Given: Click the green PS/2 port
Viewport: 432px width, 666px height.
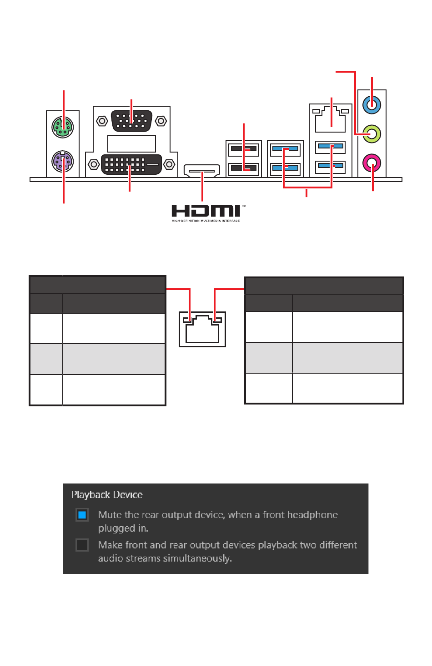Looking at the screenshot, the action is [x=63, y=127].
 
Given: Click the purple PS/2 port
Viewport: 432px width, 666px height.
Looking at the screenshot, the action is [x=63, y=161].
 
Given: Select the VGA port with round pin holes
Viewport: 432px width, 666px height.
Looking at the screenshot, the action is [x=131, y=121].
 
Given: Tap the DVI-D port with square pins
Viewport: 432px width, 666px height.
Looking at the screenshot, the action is [x=131, y=164].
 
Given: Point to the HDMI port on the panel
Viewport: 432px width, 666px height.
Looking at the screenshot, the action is [x=202, y=171].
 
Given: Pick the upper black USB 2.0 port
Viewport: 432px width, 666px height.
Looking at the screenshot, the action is [x=244, y=148].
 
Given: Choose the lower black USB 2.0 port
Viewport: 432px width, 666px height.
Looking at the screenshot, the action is [x=244, y=168].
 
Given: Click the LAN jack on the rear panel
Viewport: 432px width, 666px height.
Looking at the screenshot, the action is [x=331, y=118].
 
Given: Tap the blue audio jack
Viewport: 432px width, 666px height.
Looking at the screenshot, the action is [x=372, y=105].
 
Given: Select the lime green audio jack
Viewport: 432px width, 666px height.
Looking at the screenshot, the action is [x=372, y=134].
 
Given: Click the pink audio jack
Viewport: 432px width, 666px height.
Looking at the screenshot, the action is [x=372, y=162].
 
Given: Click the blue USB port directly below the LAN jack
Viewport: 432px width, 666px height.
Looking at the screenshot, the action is [x=331, y=147].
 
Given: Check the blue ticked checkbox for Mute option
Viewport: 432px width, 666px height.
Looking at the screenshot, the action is [x=82, y=515].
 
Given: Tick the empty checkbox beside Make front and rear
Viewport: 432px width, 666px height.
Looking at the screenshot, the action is [x=82, y=545].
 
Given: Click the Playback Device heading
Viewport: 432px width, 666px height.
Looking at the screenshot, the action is [x=107, y=495].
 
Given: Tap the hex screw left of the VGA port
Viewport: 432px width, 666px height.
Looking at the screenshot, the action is [x=102, y=121].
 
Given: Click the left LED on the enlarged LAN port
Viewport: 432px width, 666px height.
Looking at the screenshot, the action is [x=186, y=320].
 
